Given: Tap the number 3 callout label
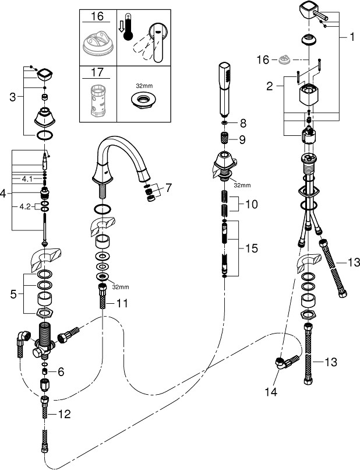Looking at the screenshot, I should pyautogui.click(x=12, y=97).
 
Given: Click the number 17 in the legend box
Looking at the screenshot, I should pyautogui.click(x=97, y=73).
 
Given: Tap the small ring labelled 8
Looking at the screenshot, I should pyautogui.click(x=225, y=124).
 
